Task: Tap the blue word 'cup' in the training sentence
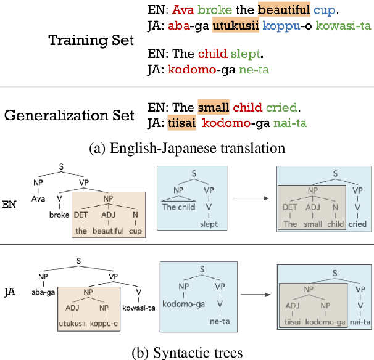324,10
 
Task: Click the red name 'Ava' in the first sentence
181,10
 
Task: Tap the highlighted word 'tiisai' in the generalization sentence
181,123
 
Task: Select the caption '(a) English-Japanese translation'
187,148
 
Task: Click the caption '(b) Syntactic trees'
187,352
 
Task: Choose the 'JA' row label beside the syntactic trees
12,288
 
